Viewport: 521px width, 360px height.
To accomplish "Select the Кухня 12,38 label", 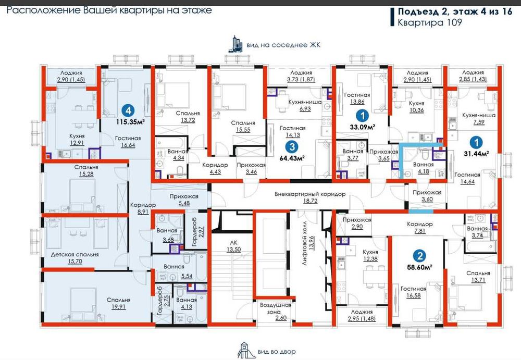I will pyautogui.click(x=371, y=255).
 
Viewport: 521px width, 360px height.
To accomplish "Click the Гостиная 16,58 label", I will pyautogui.click(x=413, y=292).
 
